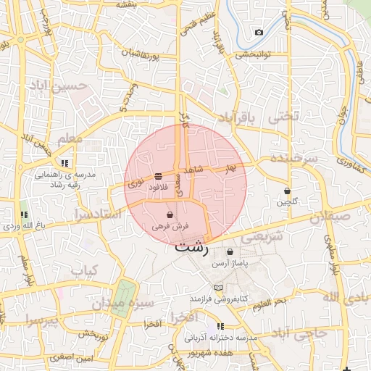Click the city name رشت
pos(191,247)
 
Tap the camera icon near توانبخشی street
pos(259,32)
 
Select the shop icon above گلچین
pos(287,191)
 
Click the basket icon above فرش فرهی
pos(170,215)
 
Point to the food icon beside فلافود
pos(158,177)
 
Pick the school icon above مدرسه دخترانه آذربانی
pos(220,326)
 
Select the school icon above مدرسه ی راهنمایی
pos(64,163)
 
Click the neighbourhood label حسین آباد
pos(57,86)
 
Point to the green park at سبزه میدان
pos(124,296)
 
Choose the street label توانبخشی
pos(253,54)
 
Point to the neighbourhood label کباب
pos(83,270)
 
